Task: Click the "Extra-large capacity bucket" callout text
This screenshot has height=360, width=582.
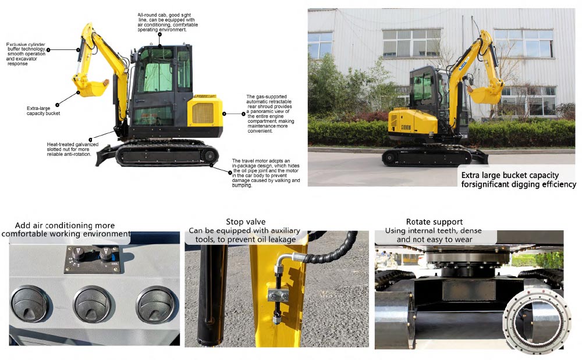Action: [x=43, y=111]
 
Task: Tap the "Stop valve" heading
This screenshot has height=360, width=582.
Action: [x=246, y=222]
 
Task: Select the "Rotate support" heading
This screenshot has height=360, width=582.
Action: [x=435, y=222]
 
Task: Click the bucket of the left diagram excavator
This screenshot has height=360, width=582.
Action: [x=90, y=88]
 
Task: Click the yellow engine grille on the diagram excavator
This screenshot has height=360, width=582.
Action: [x=203, y=112]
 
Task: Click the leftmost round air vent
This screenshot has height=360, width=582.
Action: [x=33, y=303]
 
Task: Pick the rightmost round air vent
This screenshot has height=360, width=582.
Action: [x=155, y=303]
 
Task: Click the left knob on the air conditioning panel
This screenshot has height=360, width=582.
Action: [x=79, y=254]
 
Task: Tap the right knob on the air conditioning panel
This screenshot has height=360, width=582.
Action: [x=105, y=254]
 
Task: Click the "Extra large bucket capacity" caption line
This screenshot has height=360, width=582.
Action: [x=510, y=175]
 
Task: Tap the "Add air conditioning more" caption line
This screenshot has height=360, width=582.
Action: [x=65, y=225]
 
